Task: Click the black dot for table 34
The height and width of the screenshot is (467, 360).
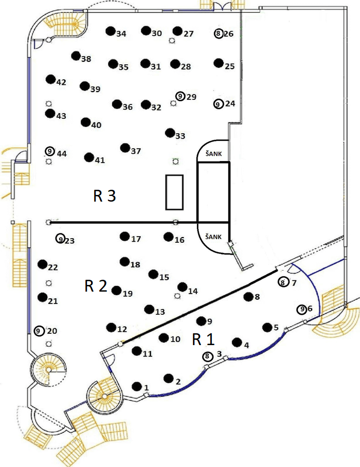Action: pos(110,31)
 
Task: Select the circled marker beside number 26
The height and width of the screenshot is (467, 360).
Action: pos(219,33)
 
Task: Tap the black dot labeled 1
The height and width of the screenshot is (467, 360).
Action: pos(137,386)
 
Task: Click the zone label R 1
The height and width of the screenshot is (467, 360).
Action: pos(203,339)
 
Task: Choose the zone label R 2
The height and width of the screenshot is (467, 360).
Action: pos(96,286)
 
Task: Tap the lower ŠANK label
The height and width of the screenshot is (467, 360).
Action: pos(213,237)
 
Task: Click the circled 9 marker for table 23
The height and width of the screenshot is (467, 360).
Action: pos(61,239)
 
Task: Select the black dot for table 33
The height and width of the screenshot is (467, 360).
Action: pos(169,133)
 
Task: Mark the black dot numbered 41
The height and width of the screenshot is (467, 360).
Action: pos(89,157)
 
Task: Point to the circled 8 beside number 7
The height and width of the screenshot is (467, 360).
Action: pos(282,282)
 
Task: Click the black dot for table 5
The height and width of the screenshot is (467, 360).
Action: pos(267,327)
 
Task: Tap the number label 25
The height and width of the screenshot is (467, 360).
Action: pos(230,66)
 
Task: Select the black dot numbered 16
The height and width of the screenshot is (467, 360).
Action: pos(168,237)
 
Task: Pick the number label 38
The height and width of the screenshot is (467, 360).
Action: pos(86,59)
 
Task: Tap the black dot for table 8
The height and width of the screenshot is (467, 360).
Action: pos(248,296)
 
